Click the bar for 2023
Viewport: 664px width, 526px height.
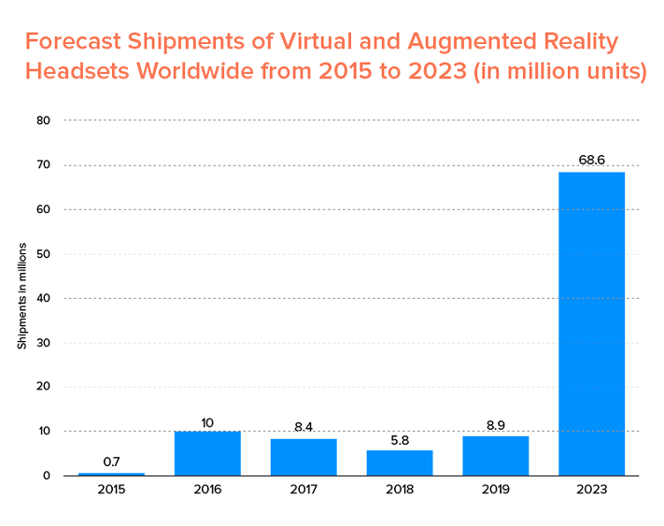591,323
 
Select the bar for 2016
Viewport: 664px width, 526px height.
207,453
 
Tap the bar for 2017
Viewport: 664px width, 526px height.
304,457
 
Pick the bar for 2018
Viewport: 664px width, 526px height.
400,462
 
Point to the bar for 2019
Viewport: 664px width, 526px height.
496,456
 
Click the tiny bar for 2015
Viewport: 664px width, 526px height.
111,474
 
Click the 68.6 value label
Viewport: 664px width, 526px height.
591,160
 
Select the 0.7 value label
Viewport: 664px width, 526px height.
111,462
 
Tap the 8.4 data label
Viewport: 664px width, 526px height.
304,426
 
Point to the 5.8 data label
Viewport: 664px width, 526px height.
400,438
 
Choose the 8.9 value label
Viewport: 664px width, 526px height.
496,424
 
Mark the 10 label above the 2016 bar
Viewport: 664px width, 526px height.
207,422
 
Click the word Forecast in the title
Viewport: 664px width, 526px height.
73,42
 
